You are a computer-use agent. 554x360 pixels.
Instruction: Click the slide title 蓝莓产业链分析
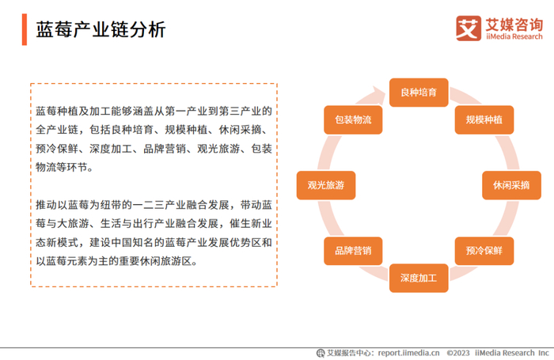point(101,29)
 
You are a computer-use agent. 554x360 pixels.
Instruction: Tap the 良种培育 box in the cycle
point(419,92)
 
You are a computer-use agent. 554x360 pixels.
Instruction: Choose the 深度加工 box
point(419,278)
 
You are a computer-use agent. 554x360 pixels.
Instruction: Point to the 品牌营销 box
point(353,250)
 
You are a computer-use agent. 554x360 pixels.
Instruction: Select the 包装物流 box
point(353,119)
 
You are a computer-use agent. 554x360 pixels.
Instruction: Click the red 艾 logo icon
point(469,28)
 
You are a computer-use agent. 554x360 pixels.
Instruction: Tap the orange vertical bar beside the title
point(25,29)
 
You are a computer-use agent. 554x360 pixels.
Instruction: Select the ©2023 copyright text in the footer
point(458,353)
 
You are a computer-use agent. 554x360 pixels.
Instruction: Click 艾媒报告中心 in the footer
point(350,353)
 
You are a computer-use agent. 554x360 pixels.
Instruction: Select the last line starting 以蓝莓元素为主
point(115,261)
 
